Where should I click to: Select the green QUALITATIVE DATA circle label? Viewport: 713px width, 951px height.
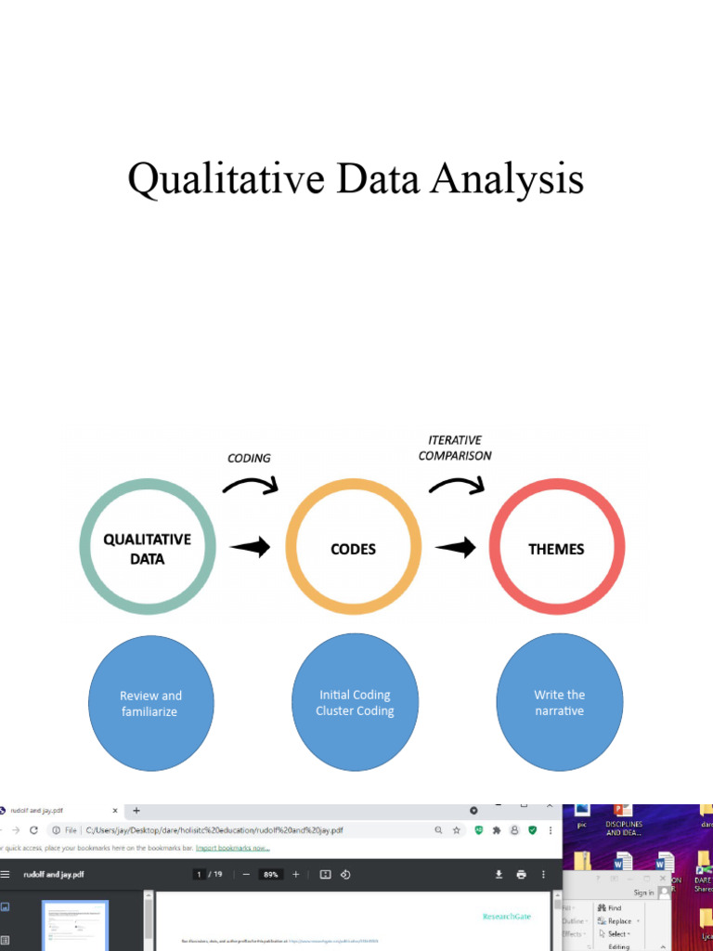coord(147,549)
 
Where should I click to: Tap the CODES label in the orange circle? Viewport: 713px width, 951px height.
coord(354,549)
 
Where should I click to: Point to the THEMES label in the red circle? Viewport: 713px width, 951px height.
coord(556,549)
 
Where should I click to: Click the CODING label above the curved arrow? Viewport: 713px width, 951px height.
coord(249,458)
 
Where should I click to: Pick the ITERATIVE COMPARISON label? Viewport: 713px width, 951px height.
coord(455,448)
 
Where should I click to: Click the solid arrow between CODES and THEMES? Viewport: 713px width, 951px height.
coord(455,548)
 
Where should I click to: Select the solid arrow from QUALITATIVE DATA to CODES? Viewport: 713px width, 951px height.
coord(250,547)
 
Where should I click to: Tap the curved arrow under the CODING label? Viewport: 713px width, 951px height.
coord(251,484)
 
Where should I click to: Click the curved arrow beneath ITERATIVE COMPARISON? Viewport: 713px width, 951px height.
coord(457,484)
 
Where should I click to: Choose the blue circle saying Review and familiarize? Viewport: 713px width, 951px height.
coord(150,703)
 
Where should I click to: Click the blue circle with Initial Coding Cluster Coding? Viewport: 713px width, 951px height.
coord(355,702)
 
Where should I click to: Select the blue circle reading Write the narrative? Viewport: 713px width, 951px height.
coord(559,702)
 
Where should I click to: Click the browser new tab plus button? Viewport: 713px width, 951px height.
coord(136,810)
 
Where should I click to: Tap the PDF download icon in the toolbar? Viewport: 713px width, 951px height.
coord(499,874)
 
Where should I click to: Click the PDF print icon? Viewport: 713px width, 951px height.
coord(521,874)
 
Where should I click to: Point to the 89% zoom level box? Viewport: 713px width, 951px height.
coord(271,874)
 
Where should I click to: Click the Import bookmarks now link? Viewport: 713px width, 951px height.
coord(233,847)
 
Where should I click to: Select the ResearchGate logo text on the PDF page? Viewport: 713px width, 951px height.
coord(507,917)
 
